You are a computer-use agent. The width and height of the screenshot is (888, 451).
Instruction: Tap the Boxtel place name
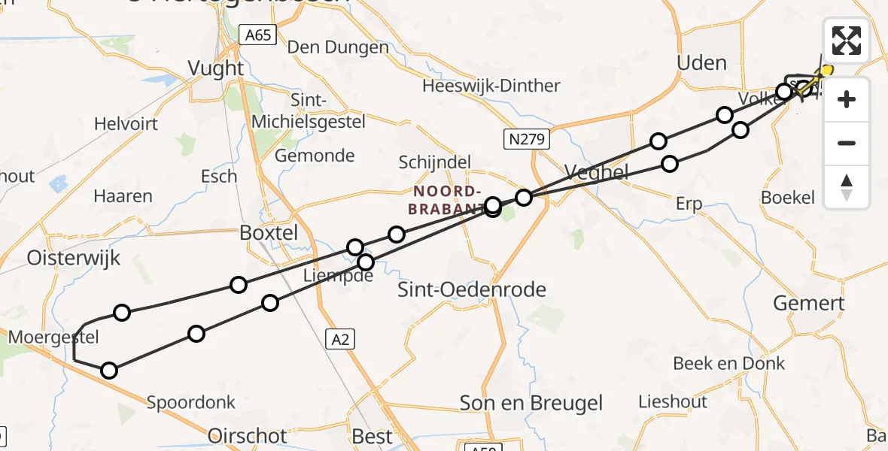click(269, 233)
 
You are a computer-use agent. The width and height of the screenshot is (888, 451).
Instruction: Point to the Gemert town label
click(810, 304)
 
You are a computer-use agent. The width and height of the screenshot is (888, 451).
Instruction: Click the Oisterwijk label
click(73, 259)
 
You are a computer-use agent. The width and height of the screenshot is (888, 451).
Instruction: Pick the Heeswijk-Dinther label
click(491, 86)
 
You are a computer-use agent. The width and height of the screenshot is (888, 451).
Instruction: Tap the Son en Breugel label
click(531, 403)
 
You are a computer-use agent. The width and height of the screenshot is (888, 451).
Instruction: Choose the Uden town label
click(701, 63)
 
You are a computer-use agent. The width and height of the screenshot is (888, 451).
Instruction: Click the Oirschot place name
click(247, 436)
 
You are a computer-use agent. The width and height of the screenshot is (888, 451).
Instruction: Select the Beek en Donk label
click(728, 364)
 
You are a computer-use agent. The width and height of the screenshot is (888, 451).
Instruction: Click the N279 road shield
click(528, 138)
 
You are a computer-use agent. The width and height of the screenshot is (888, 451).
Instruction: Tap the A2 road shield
click(340, 340)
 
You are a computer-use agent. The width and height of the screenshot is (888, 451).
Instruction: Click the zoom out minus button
click(847, 144)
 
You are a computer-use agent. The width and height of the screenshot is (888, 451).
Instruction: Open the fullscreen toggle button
click(847, 41)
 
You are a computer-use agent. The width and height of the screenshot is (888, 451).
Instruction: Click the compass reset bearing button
click(847, 187)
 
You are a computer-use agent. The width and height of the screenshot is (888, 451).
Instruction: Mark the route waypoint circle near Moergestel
click(122, 313)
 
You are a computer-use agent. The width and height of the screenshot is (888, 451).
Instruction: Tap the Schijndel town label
click(434, 162)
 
